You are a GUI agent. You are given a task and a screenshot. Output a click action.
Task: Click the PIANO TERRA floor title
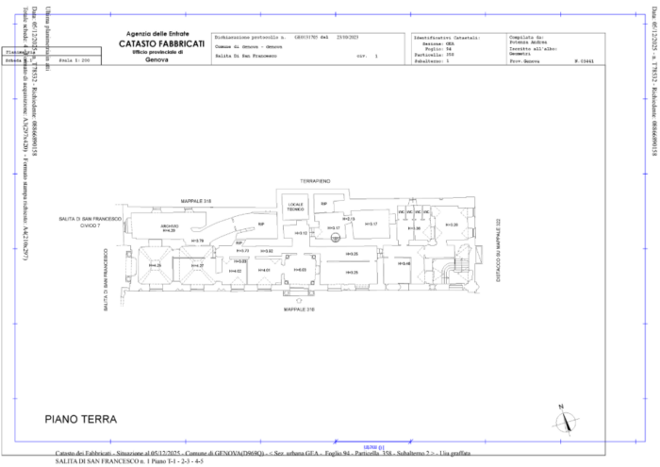tap(81, 417)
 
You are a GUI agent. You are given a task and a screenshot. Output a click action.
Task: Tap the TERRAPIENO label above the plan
tap(315, 180)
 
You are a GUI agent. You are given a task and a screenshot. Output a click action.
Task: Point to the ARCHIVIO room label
tap(169, 227)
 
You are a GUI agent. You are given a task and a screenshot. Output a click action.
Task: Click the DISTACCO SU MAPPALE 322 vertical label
tap(497, 250)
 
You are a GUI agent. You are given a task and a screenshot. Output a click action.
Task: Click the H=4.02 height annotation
tap(235, 271)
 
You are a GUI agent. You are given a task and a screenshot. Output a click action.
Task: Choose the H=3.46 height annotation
tap(404, 263)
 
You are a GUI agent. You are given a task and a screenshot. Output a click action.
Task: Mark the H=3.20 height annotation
tap(452, 225)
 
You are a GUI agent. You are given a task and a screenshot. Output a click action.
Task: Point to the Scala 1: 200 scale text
tap(73, 59)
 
